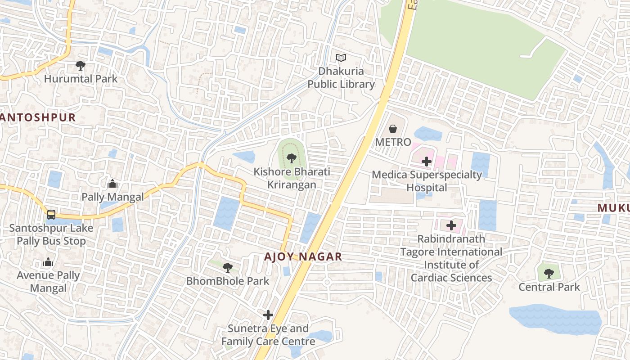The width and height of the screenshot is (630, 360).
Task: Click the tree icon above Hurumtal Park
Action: (81, 66)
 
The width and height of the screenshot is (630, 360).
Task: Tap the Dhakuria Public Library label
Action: (341, 77)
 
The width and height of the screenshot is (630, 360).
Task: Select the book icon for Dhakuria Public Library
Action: (341, 58)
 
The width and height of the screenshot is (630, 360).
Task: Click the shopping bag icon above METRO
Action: (393, 129)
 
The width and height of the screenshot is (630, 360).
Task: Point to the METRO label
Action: (393, 142)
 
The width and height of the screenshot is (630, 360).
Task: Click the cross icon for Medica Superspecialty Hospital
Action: (427, 161)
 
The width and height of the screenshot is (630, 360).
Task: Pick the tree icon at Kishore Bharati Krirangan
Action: (291, 158)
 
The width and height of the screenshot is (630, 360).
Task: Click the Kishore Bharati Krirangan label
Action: (292, 178)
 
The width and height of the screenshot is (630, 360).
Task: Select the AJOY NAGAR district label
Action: (303, 257)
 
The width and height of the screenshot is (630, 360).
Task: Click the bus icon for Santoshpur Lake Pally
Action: (51, 214)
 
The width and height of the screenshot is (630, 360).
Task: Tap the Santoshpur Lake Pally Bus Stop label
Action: (51, 234)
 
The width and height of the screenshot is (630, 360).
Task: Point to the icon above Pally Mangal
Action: (112, 184)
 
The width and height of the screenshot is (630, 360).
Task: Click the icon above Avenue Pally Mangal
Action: (48, 262)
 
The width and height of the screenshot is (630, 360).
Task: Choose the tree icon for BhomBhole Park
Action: (228, 268)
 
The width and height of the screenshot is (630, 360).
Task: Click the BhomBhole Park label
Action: (228, 281)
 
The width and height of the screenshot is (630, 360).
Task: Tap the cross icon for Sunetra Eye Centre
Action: (268, 315)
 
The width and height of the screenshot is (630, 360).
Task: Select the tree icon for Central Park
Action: (549, 273)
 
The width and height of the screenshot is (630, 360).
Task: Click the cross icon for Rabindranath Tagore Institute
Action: (451, 225)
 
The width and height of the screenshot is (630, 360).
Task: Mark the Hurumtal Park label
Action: (81, 79)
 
